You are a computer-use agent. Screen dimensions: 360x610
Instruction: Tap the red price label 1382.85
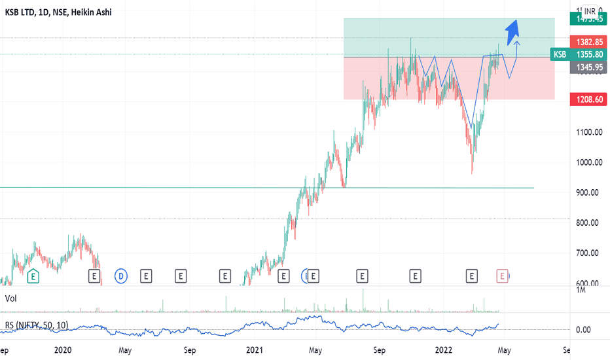point(588,41)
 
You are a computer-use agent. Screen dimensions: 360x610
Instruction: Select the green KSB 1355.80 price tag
point(579,54)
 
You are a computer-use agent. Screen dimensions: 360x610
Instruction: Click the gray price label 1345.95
point(588,67)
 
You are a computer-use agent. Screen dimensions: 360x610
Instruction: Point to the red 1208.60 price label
point(588,99)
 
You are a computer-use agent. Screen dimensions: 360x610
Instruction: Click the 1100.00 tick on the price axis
point(588,132)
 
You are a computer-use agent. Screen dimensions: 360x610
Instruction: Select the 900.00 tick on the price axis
point(588,192)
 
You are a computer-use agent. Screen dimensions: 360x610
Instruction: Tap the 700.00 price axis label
point(588,253)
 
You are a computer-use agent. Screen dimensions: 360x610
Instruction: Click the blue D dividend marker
point(121,276)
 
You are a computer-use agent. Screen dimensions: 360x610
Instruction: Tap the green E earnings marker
point(33,277)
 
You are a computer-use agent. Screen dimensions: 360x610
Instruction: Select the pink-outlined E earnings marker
point(502,276)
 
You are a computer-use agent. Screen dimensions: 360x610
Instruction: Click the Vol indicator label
point(10,298)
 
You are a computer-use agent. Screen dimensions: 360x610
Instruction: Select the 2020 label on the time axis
point(63,350)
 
